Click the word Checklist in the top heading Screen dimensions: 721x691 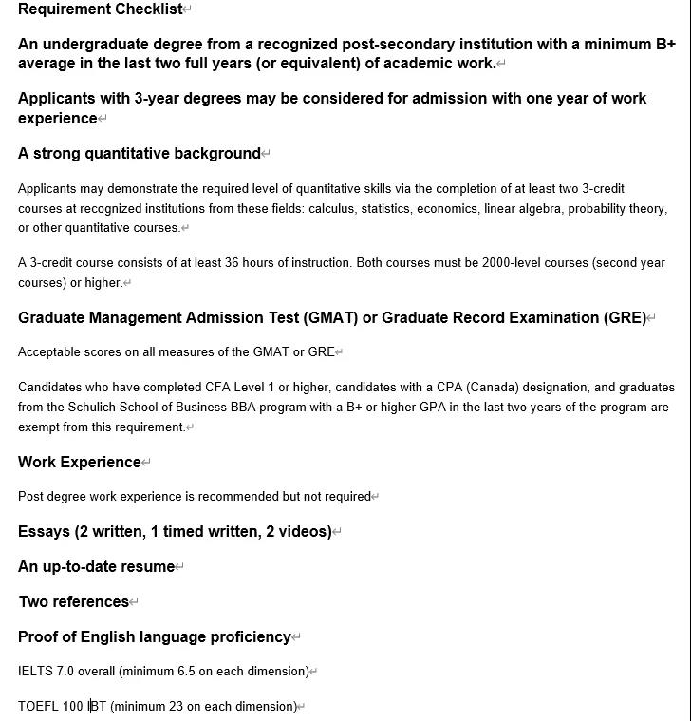pyautogui.click(x=148, y=9)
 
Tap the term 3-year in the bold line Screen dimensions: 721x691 pyautogui.click(x=157, y=98)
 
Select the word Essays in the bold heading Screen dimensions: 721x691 pyautogui.click(x=44, y=531)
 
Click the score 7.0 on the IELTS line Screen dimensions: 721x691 pyautogui.click(x=65, y=671)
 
